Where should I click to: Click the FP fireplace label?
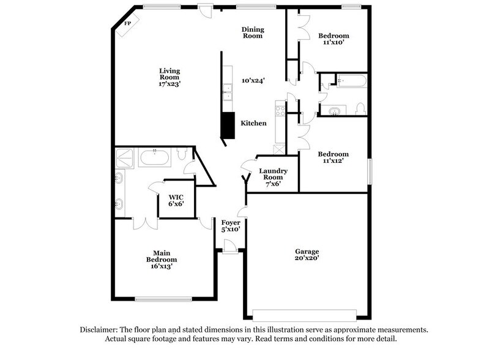pos(128,23)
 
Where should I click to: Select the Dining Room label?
pos(252,32)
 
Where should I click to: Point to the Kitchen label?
pos(253,124)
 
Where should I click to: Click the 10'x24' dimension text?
pos(253,80)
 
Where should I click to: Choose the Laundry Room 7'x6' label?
pos(269,177)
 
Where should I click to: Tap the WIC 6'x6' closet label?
pos(176,201)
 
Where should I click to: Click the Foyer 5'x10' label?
pos(231,225)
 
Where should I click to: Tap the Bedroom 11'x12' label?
pos(333,157)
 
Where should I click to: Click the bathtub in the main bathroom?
pos(154,159)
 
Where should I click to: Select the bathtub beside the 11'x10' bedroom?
pos(351,81)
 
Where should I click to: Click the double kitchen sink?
pos(227,92)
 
